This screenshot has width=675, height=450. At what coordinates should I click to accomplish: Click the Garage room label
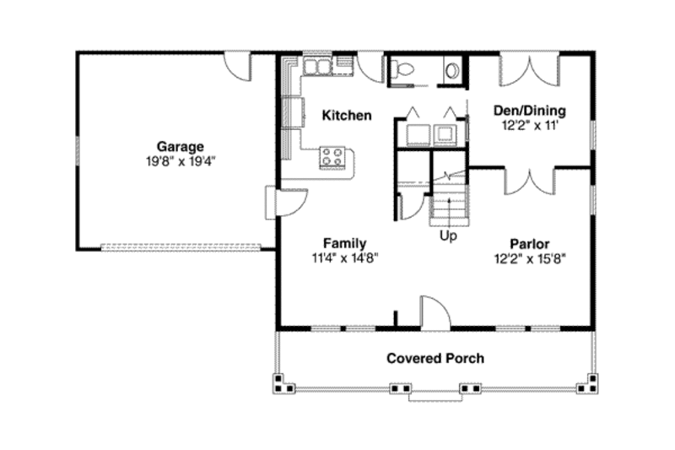[x=178, y=146]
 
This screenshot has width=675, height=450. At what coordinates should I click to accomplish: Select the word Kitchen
[x=347, y=115]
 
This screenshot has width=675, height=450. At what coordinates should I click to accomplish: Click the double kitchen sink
[x=317, y=66]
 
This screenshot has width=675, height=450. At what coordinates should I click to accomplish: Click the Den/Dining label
[x=528, y=111]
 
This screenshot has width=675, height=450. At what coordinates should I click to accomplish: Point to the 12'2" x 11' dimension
[x=528, y=125]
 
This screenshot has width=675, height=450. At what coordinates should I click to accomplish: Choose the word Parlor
[x=529, y=244]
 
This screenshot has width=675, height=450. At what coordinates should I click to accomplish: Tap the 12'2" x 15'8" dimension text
[x=529, y=259]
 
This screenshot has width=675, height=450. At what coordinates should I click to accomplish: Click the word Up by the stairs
[x=448, y=236]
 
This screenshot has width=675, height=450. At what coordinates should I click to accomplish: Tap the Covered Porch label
[x=435, y=358]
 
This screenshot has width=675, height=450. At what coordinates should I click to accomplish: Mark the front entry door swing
[x=434, y=312]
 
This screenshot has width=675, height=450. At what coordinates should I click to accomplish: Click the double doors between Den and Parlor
[x=529, y=179]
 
